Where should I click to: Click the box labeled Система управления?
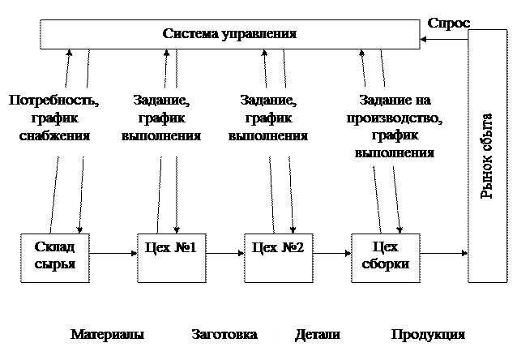click(229, 35)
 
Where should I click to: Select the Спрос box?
click(447, 23)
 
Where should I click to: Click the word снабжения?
click(53, 135)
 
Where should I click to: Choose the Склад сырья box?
click(56, 256)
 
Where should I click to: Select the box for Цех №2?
click(277, 258)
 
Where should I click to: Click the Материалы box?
click(108, 334)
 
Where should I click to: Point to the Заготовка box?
click(224, 334)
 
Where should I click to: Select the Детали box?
click(312, 334)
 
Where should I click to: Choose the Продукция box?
click(428, 334)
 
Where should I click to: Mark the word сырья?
click(56, 265)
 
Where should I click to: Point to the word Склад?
click(56, 246)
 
